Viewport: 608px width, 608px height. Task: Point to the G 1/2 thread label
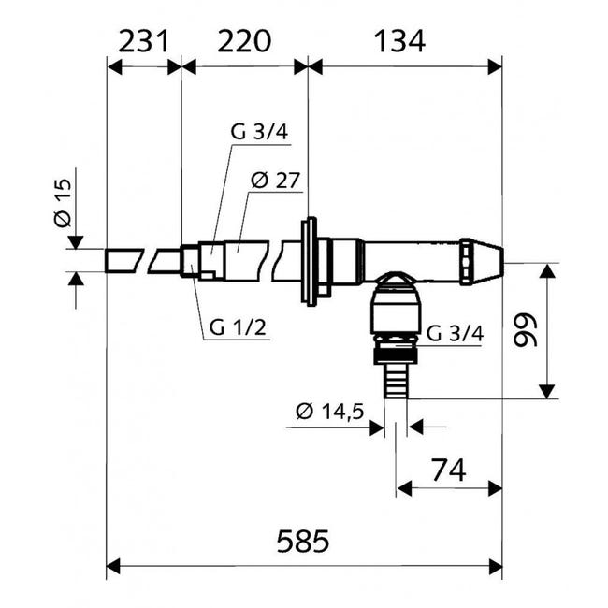(238, 327)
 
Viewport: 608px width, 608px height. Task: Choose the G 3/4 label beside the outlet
(456, 333)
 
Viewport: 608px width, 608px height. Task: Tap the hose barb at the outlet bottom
(393, 382)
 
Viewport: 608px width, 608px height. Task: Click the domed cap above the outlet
(394, 280)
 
